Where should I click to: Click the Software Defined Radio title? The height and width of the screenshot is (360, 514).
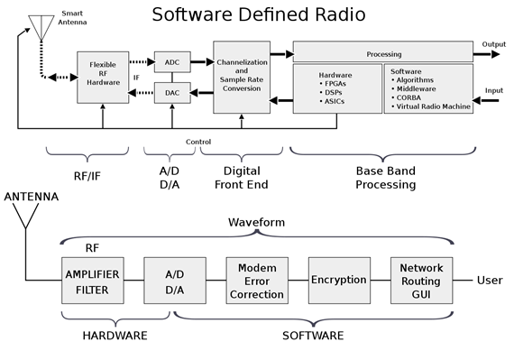(x=258, y=14)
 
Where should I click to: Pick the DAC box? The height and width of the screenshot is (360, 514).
(x=172, y=92)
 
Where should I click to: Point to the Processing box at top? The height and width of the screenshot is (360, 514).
(x=383, y=53)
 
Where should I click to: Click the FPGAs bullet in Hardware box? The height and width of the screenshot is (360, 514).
(x=335, y=90)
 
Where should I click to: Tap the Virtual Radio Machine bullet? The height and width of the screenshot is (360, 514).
(x=432, y=106)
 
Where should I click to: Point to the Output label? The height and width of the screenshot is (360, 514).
(x=493, y=43)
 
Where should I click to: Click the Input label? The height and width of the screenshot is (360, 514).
(x=493, y=90)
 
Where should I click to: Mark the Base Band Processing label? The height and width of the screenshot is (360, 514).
(x=386, y=178)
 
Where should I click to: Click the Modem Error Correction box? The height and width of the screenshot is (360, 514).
(x=256, y=281)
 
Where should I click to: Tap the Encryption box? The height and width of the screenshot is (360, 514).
(x=338, y=281)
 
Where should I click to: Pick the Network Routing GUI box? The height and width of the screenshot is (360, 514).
(x=420, y=281)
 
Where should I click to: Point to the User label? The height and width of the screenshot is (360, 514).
(x=490, y=281)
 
